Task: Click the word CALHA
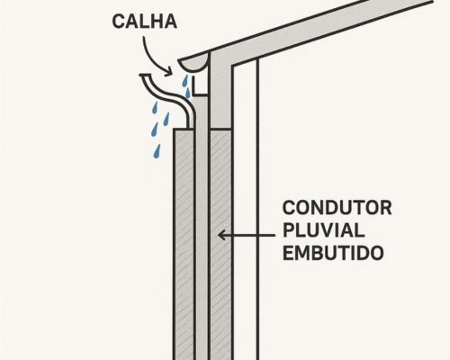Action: [144, 22]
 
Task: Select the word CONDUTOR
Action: [337, 208]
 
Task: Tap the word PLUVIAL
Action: [323, 230]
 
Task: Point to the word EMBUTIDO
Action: [333, 253]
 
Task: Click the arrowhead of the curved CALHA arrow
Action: [168, 71]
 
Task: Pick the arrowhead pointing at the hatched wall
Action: [222, 235]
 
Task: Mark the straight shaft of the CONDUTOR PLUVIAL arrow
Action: [249, 235]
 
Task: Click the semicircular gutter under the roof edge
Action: [193, 64]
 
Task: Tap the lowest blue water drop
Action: [157, 151]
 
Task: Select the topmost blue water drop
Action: [185, 80]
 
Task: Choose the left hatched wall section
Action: [184, 244]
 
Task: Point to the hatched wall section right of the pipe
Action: [220, 244]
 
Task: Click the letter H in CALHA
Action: [155, 22]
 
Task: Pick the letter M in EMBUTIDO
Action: [302, 253]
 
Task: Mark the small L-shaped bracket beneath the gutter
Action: [200, 86]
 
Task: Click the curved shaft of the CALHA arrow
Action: [148, 56]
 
